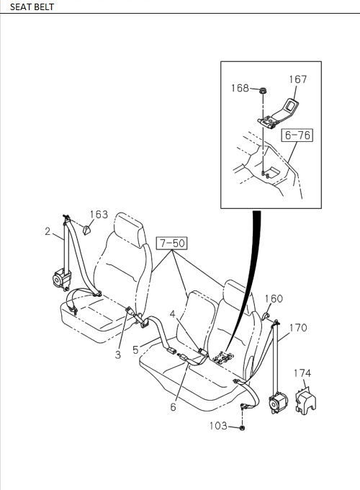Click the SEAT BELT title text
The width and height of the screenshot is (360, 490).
(32, 7)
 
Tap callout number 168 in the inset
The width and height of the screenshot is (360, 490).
(240, 89)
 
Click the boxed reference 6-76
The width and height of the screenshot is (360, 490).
(298, 134)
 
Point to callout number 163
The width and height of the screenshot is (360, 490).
(99, 214)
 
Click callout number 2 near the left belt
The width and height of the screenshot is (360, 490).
(48, 231)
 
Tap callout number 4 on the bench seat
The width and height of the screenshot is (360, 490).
(173, 313)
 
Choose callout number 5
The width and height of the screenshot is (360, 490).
(135, 350)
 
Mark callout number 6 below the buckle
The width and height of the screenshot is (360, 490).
(173, 407)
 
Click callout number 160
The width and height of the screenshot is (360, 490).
(274, 299)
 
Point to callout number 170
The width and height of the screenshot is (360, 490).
(298, 328)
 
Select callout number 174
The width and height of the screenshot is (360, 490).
(302, 373)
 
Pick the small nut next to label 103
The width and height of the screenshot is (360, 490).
(243, 427)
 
